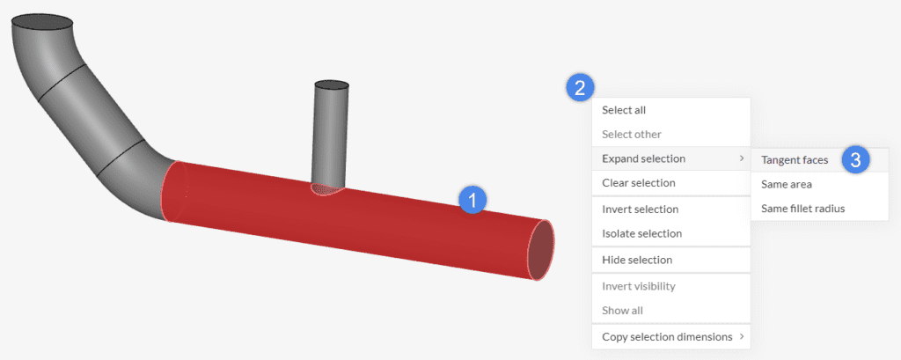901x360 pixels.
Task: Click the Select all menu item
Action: tap(624, 110)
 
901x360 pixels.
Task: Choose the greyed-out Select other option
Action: tap(631, 134)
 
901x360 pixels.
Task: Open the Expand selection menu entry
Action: tap(643, 158)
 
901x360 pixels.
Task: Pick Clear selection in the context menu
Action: tap(638, 183)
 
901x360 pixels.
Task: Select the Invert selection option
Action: tap(640, 209)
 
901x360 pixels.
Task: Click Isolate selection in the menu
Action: tap(641, 233)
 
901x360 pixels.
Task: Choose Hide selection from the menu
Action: tap(637, 260)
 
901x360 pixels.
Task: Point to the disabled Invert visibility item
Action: tap(639, 286)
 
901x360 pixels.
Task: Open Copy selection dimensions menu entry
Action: tap(666, 336)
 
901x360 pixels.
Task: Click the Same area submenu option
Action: tap(786, 184)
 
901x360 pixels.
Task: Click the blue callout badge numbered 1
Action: tap(472, 200)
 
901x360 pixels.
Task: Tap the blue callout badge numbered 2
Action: tap(579, 86)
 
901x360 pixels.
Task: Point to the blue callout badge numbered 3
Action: tap(855, 159)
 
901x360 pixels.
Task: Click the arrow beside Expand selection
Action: tap(740, 159)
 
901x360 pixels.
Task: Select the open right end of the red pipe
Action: tap(541, 251)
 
